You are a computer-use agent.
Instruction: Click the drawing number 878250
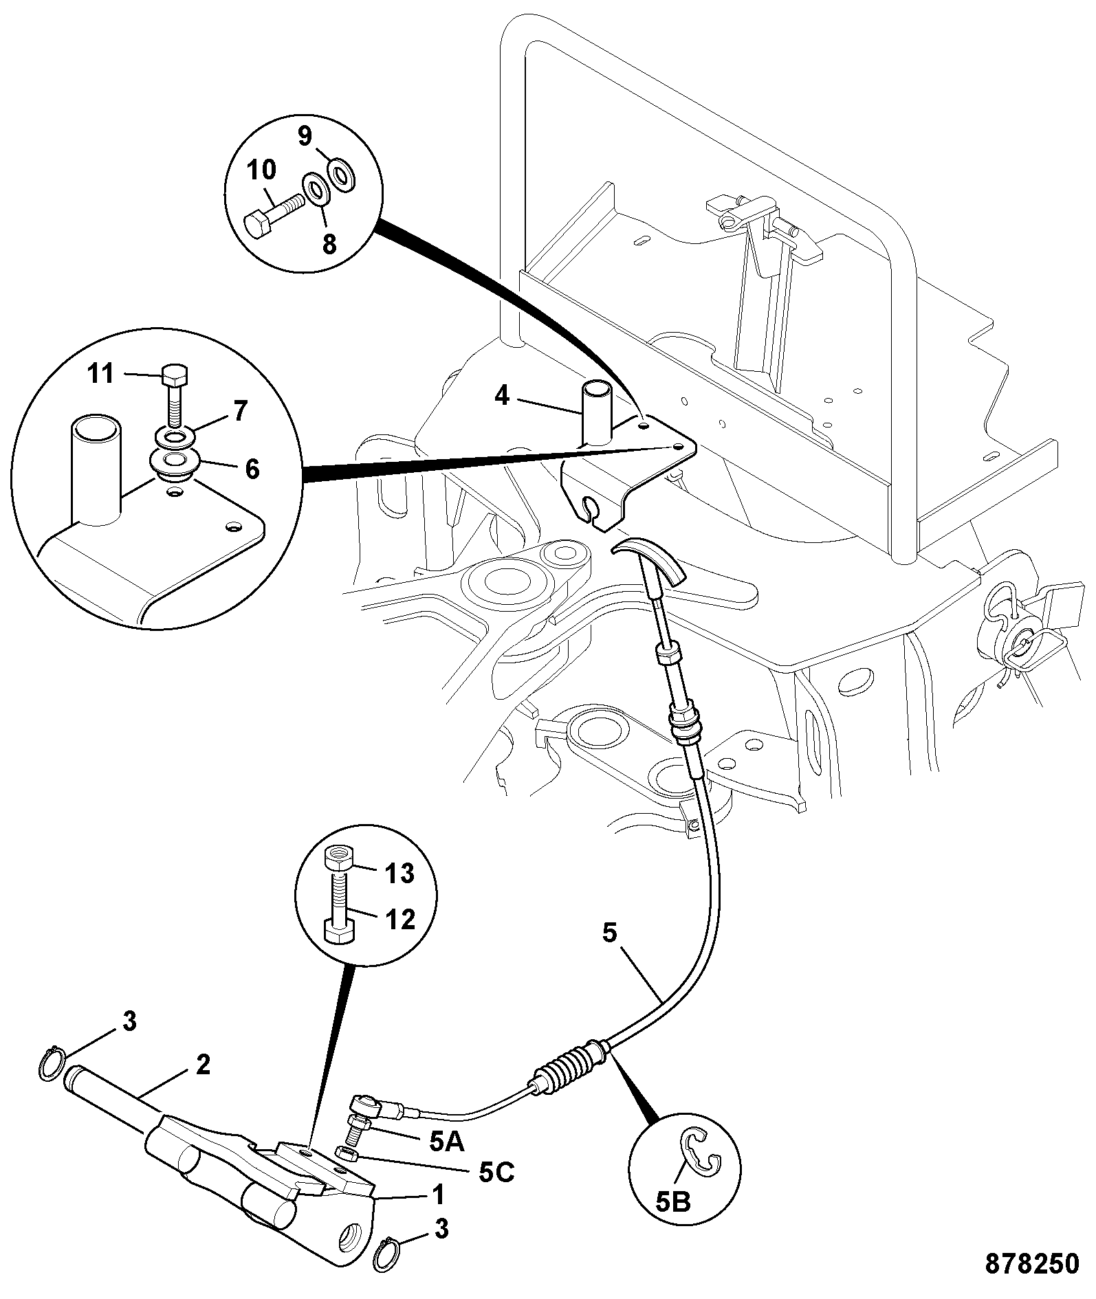tap(1031, 1263)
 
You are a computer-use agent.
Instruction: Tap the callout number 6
tap(252, 469)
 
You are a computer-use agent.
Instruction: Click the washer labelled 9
tap(342, 173)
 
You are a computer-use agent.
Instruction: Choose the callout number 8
tap(329, 243)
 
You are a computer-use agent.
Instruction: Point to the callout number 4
tap(502, 396)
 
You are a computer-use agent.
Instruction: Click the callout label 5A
tap(447, 1142)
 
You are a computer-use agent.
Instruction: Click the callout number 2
tap(203, 1065)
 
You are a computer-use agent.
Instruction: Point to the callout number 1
tap(438, 1193)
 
